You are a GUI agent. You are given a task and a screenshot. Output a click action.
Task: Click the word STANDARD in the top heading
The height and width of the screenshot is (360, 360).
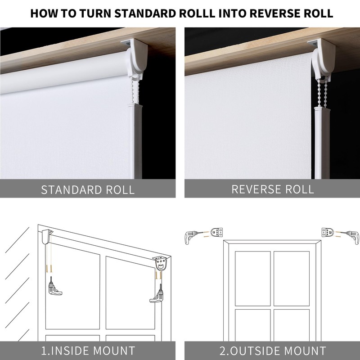tap(146, 13)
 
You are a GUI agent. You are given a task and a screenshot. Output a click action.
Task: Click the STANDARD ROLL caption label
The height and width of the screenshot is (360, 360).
tap(88, 189)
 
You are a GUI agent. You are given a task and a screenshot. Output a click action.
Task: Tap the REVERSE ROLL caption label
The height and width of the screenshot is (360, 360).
tap(273, 189)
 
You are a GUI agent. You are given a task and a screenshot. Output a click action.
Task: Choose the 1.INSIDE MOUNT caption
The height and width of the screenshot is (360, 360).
tap(88, 351)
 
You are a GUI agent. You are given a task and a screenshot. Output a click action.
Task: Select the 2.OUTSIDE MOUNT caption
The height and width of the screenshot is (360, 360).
tap(273, 351)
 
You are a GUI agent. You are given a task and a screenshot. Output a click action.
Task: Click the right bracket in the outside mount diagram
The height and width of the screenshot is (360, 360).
tap(327, 233)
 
